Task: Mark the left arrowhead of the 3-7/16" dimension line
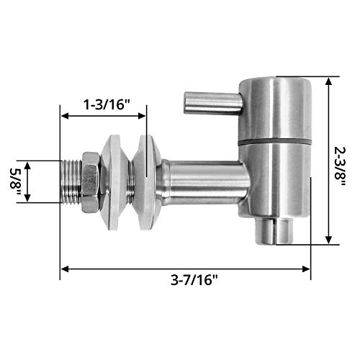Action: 63,269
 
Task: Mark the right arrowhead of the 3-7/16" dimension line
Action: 307,269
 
